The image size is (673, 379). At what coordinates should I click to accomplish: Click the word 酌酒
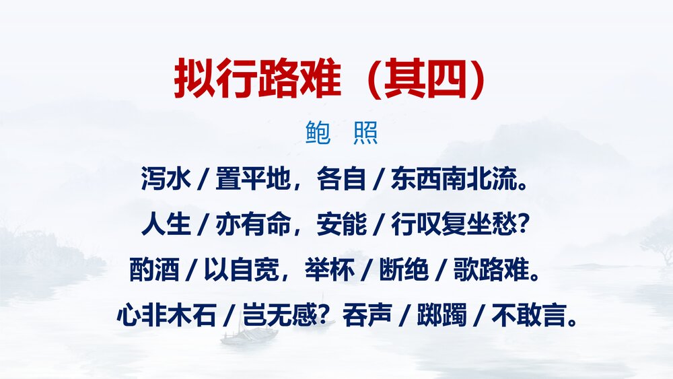tap(154, 269)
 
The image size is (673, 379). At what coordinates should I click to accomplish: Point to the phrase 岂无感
tap(277, 314)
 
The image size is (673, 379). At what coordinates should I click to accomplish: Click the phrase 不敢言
tap(532, 314)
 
